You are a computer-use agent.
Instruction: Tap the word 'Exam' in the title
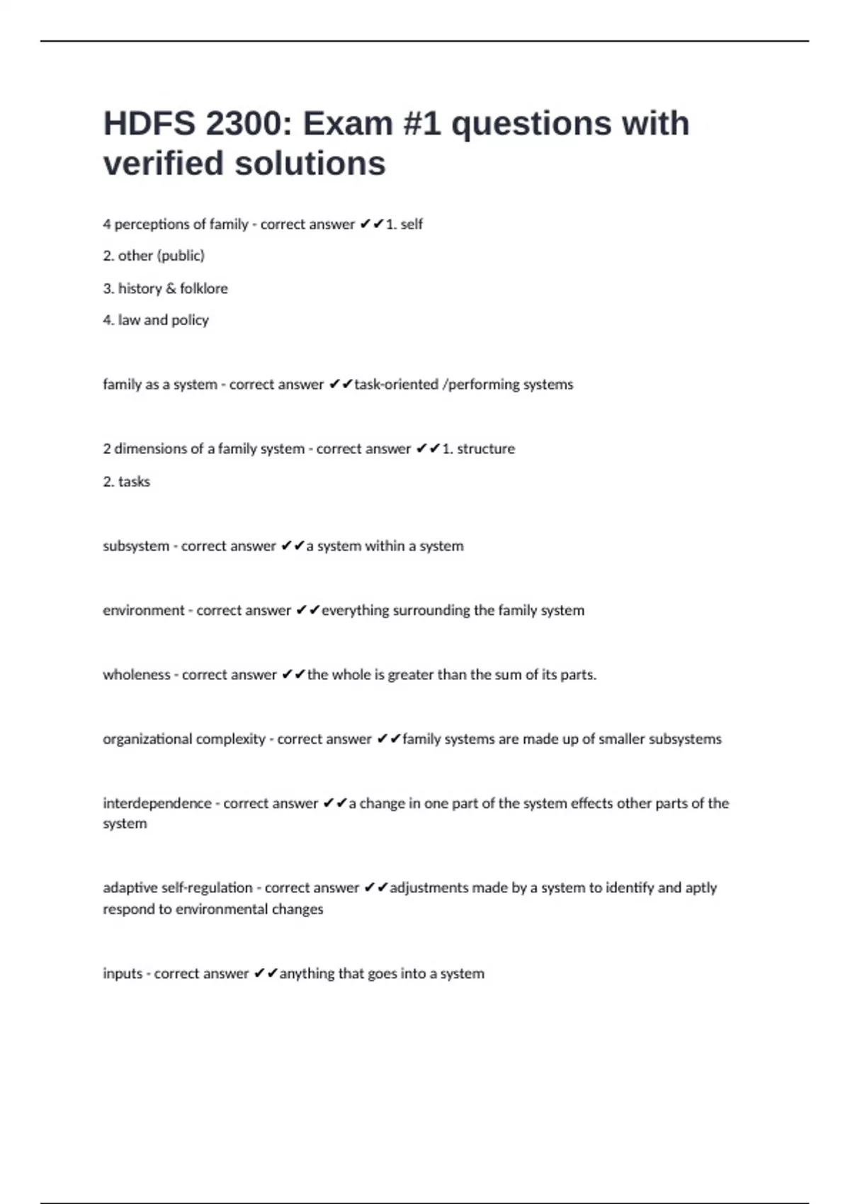[347, 124]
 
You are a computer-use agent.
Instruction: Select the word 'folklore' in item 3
[204, 288]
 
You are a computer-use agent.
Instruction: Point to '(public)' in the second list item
[181, 256]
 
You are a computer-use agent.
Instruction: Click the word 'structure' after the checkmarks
[486, 449]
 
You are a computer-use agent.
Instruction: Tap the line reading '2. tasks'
[127, 482]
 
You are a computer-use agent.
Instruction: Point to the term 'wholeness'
[137, 675]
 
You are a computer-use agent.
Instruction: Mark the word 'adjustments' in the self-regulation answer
[429, 888]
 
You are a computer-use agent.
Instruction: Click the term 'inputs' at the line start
[123, 974]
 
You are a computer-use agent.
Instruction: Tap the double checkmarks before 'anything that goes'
[266, 974]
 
